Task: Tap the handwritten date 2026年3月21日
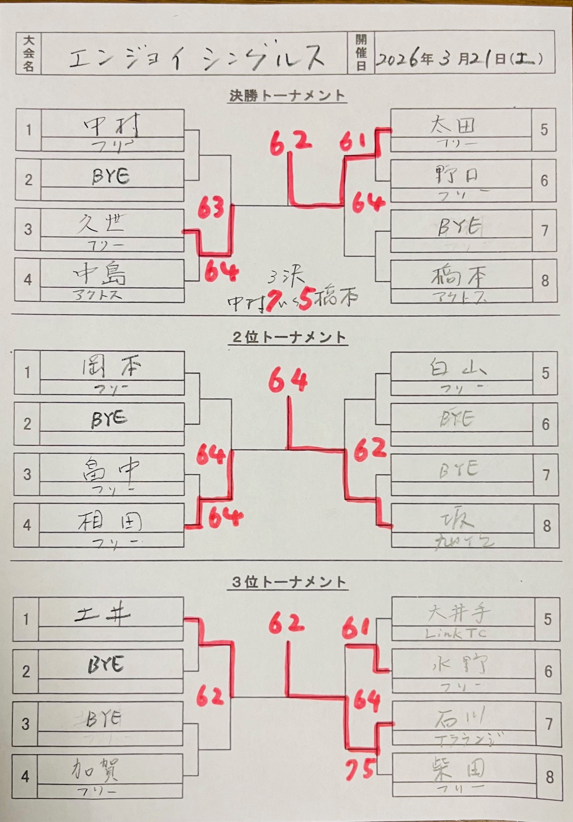[x=459, y=58]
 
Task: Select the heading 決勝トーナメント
[x=287, y=95]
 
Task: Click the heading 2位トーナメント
[x=289, y=337]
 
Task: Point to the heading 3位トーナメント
[x=289, y=582]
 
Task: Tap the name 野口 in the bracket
[x=456, y=174]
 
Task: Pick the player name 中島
[x=100, y=273]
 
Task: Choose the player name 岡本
[x=111, y=367]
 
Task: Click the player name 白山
[x=457, y=368]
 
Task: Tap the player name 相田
[x=110, y=521]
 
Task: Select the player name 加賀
[x=96, y=769]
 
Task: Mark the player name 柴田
[x=458, y=768]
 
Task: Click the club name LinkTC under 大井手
[x=456, y=633]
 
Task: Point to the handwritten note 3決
[x=286, y=276]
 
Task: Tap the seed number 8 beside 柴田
[x=549, y=777]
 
